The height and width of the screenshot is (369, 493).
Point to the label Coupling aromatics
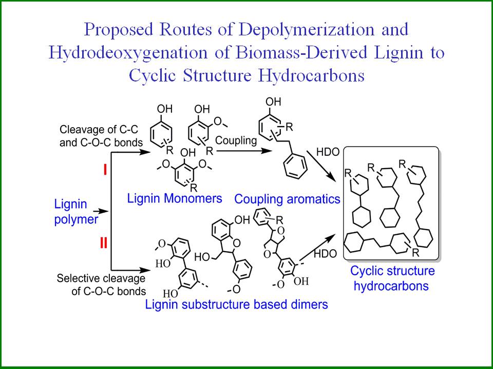287,198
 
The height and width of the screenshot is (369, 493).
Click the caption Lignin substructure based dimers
236,304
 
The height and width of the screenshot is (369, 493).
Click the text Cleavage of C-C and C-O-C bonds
100,135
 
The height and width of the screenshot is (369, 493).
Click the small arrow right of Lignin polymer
105,211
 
